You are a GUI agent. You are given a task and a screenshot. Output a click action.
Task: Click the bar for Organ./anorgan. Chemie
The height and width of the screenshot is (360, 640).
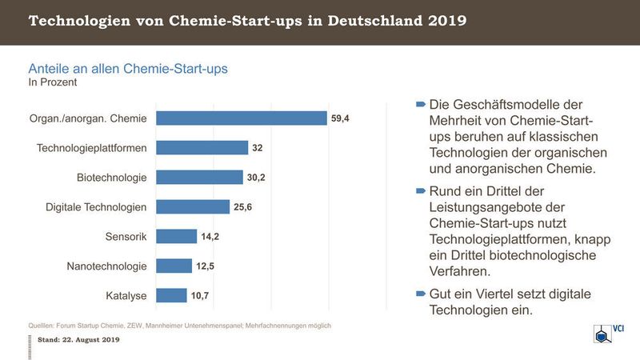(x=241, y=118)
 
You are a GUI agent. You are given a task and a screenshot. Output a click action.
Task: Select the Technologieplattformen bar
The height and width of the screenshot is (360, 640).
(x=202, y=148)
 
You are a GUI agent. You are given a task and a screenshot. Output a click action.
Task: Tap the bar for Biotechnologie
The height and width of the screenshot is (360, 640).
(x=199, y=178)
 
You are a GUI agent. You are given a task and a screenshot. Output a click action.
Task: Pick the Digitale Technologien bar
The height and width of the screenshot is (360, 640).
(x=193, y=207)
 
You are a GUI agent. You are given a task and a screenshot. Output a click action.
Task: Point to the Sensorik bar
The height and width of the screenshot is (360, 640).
(x=176, y=237)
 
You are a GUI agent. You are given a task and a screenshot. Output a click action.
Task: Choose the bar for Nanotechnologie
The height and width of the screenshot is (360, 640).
(x=174, y=266)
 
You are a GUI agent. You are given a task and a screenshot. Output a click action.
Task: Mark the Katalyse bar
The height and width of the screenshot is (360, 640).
(x=171, y=296)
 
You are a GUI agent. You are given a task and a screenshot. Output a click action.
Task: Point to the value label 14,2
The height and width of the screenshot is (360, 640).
(x=210, y=237)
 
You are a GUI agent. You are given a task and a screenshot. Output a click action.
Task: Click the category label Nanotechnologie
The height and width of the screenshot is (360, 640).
(x=107, y=266)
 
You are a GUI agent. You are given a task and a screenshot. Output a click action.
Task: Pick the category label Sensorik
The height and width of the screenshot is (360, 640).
(x=125, y=237)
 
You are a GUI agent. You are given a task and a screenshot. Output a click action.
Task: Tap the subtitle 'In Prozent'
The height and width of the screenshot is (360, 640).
(x=53, y=82)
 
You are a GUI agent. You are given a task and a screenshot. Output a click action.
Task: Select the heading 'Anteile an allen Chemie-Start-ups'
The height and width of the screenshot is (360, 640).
(x=128, y=69)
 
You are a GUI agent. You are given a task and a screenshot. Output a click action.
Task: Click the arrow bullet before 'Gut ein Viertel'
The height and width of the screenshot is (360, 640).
(x=421, y=294)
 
